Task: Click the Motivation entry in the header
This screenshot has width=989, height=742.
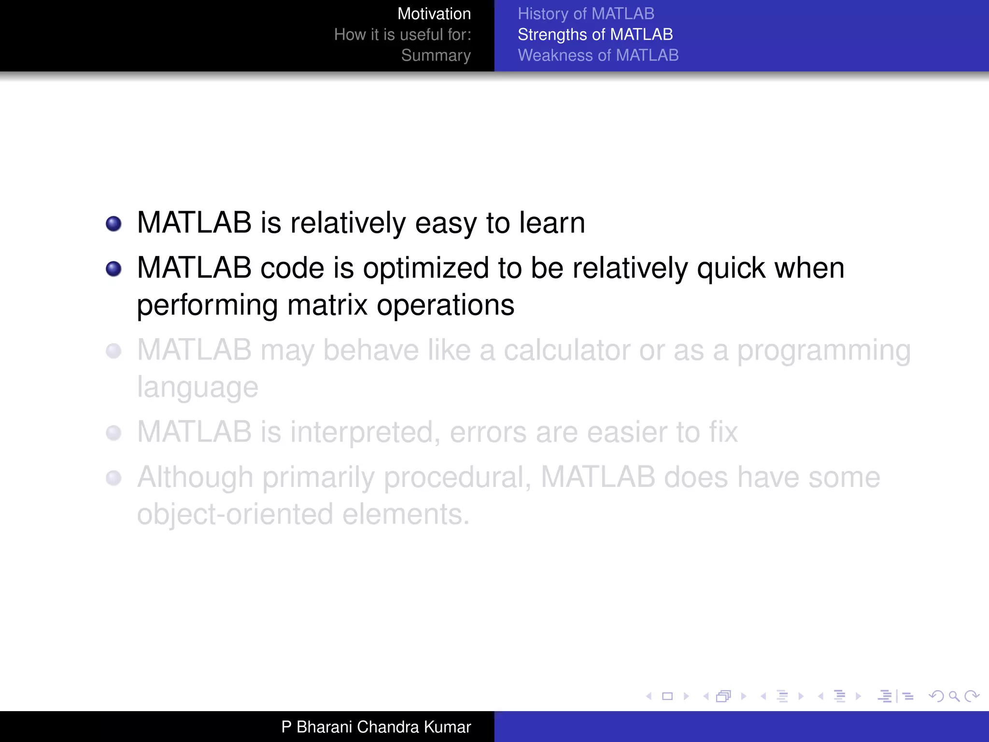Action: click(x=434, y=14)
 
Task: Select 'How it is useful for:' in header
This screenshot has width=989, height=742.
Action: click(x=402, y=34)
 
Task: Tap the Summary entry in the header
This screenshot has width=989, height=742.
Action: click(x=436, y=55)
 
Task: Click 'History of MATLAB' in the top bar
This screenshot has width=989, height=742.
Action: click(x=586, y=14)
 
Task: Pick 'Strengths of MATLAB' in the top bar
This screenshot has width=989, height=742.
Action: click(x=595, y=34)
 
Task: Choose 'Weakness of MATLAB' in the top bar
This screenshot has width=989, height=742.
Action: click(x=598, y=55)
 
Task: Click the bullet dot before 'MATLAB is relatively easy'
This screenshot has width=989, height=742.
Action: click(x=113, y=224)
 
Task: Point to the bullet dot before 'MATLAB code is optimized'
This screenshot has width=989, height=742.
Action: click(x=113, y=269)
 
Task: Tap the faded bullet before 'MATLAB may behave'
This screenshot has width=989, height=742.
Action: click(x=113, y=351)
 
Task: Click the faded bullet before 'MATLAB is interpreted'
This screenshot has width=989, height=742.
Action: click(x=113, y=433)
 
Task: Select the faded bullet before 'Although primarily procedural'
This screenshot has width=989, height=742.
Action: click(x=113, y=478)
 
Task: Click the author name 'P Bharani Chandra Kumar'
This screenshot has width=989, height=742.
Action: click(x=376, y=727)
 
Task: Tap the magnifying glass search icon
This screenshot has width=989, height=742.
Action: click(x=954, y=696)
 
